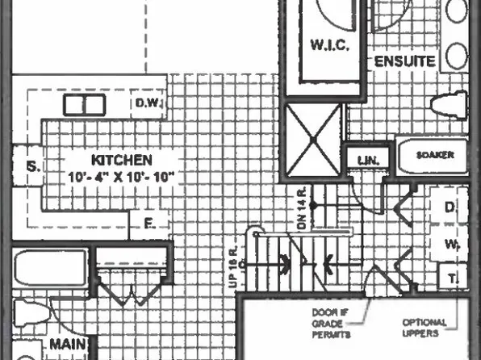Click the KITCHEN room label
(x=121, y=160)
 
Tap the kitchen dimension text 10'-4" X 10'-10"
(x=121, y=175)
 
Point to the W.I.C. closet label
(x=329, y=46)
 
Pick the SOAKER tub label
(x=434, y=154)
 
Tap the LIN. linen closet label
(x=368, y=161)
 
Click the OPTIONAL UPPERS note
(x=425, y=328)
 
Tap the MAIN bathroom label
(x=68, y=345)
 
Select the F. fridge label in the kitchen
(x=148, y=222)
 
